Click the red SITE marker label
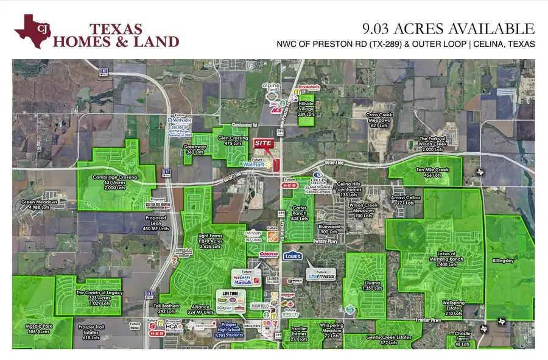point(262,142)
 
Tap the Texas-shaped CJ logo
point(33,30)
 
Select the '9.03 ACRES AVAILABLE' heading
point(448,29)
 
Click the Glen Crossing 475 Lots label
point(237,141)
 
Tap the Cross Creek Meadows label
point(382,119)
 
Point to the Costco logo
point(269,253)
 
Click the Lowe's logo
point(292,256)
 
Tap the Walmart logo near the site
point(258,163)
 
